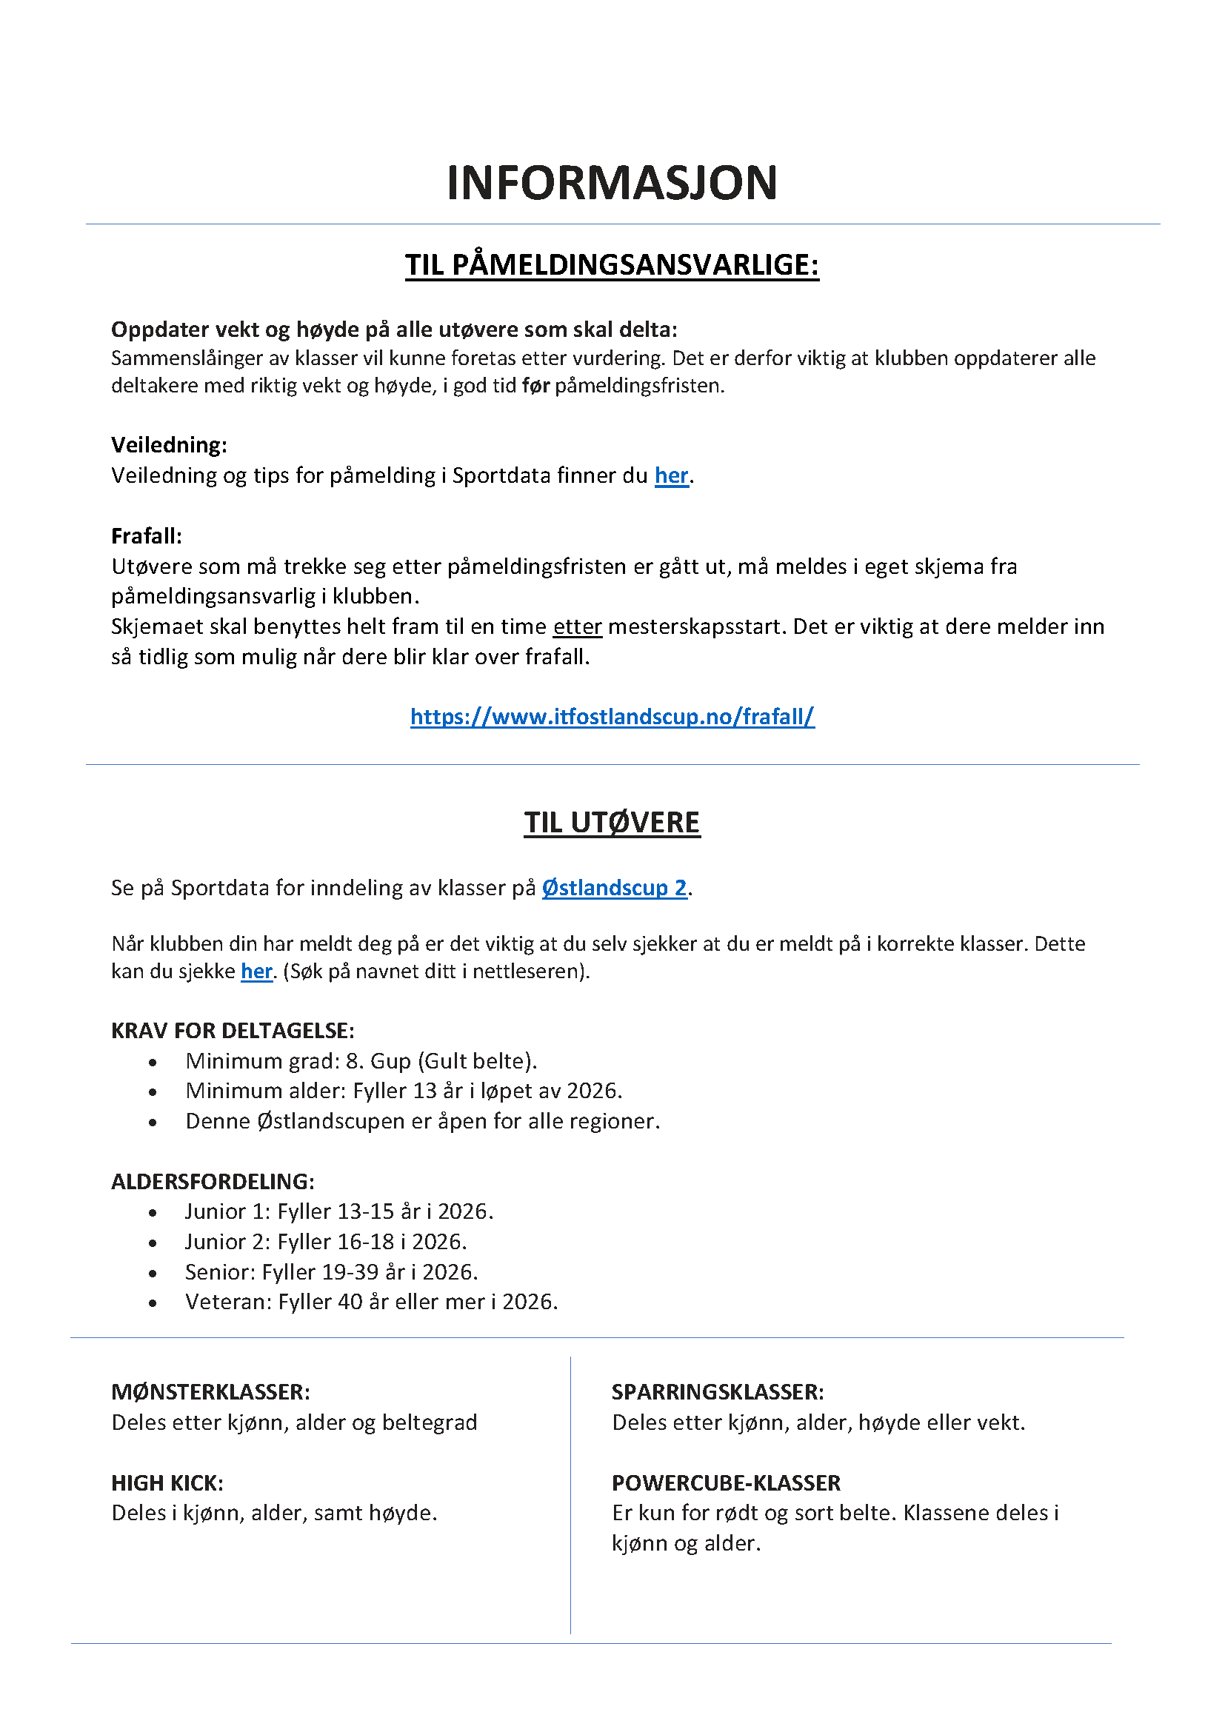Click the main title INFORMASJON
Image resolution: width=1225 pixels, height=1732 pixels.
tap(612, 183)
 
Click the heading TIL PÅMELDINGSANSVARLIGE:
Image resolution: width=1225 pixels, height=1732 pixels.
tap(612, 265)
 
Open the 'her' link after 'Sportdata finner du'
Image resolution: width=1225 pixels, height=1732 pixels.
tap(671, 475)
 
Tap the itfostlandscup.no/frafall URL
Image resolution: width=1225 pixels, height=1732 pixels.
tap(612, 716)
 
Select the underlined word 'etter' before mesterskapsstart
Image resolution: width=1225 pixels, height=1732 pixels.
tap(577, 626)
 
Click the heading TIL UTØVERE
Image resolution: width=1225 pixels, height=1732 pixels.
tap(612, 822)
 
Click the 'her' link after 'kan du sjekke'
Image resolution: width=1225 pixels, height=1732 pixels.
tap(256, 971)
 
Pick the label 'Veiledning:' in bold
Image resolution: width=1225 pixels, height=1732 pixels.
tap(169, 444)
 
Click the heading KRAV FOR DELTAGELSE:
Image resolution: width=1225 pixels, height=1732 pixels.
tap(233, 1031)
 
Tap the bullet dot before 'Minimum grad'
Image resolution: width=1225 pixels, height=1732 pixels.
tap(153, 1062)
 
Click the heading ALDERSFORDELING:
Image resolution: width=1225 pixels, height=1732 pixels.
tap(213, 1181)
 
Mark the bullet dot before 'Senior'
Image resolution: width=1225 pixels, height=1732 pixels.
tap(153, 1274)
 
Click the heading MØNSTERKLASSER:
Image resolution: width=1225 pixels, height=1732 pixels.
tap(210, 1392)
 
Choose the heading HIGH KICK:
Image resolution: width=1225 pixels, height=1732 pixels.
tap(167, 1483)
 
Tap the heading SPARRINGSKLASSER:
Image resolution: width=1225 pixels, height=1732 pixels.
tap(718, 1392)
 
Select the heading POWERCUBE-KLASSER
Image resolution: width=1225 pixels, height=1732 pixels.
tap(726, 1483)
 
